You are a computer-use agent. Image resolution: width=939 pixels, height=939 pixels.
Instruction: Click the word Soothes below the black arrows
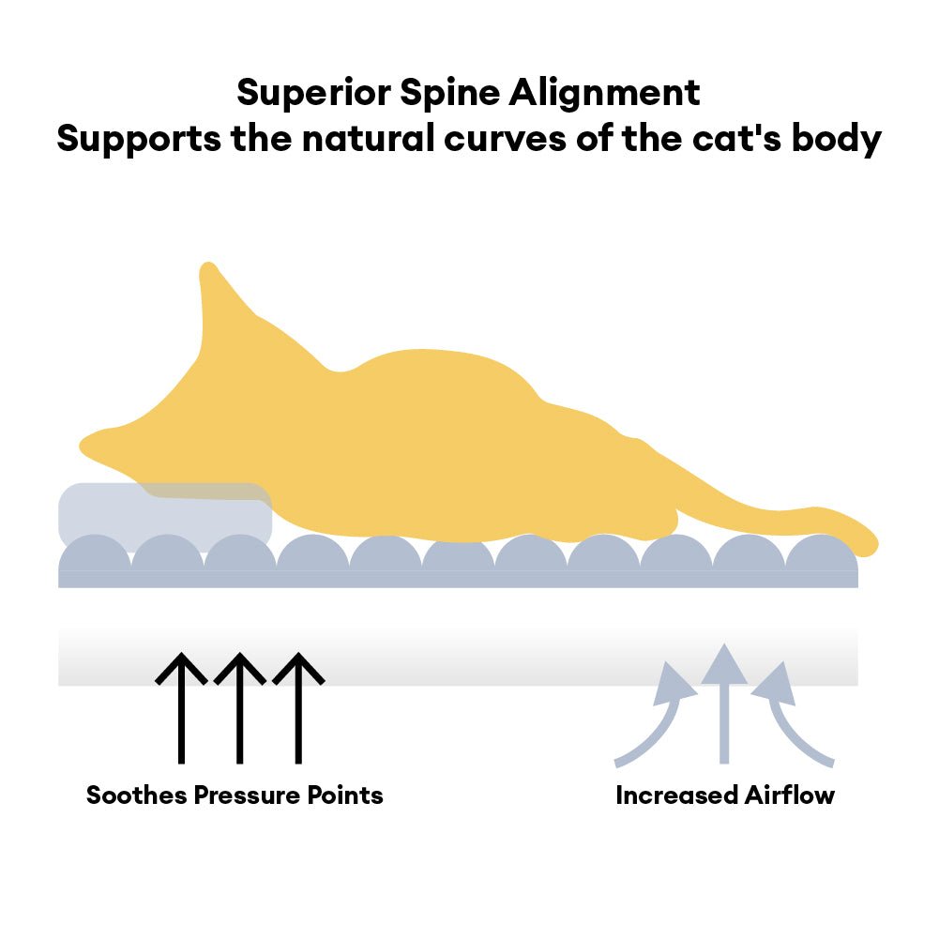[137, 795]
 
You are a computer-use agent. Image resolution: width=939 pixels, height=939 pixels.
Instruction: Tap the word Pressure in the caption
[247, 795]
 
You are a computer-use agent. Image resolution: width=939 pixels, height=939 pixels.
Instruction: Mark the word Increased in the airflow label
[676, 795]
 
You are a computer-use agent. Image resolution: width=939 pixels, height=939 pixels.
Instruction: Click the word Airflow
[790, 795]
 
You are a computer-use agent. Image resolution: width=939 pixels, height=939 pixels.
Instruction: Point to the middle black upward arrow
[240, 708]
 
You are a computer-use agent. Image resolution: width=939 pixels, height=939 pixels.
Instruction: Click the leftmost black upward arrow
[181, 708]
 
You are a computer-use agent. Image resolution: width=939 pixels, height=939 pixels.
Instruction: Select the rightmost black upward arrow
[298, 708]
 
